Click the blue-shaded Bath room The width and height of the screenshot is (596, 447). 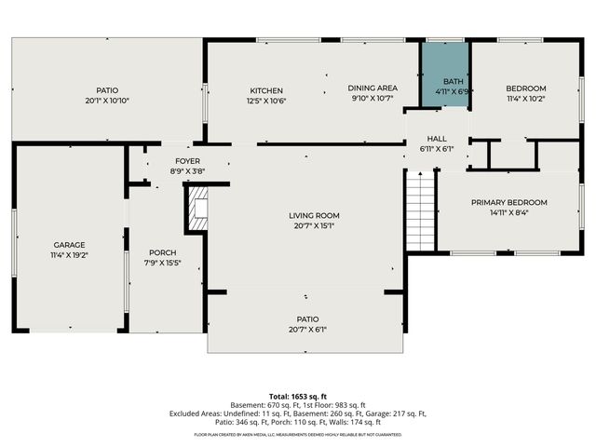444,74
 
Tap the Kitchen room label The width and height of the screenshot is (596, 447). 266,90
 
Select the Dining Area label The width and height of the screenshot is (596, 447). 372,88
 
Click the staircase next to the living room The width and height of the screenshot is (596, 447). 422,211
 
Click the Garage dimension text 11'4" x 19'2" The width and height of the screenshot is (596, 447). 69,255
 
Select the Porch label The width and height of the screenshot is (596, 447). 162,252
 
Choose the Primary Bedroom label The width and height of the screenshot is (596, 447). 508,202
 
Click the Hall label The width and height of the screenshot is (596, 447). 437,138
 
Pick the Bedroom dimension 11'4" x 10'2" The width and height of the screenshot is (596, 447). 525,98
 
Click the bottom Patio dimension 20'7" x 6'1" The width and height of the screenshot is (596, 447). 306,329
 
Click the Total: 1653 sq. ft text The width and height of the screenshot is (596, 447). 298,397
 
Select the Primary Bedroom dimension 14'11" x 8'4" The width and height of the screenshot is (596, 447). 508,212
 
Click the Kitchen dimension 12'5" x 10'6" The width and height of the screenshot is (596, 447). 266,101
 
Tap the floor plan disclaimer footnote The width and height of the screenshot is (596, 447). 298,434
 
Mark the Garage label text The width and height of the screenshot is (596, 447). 69,245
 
